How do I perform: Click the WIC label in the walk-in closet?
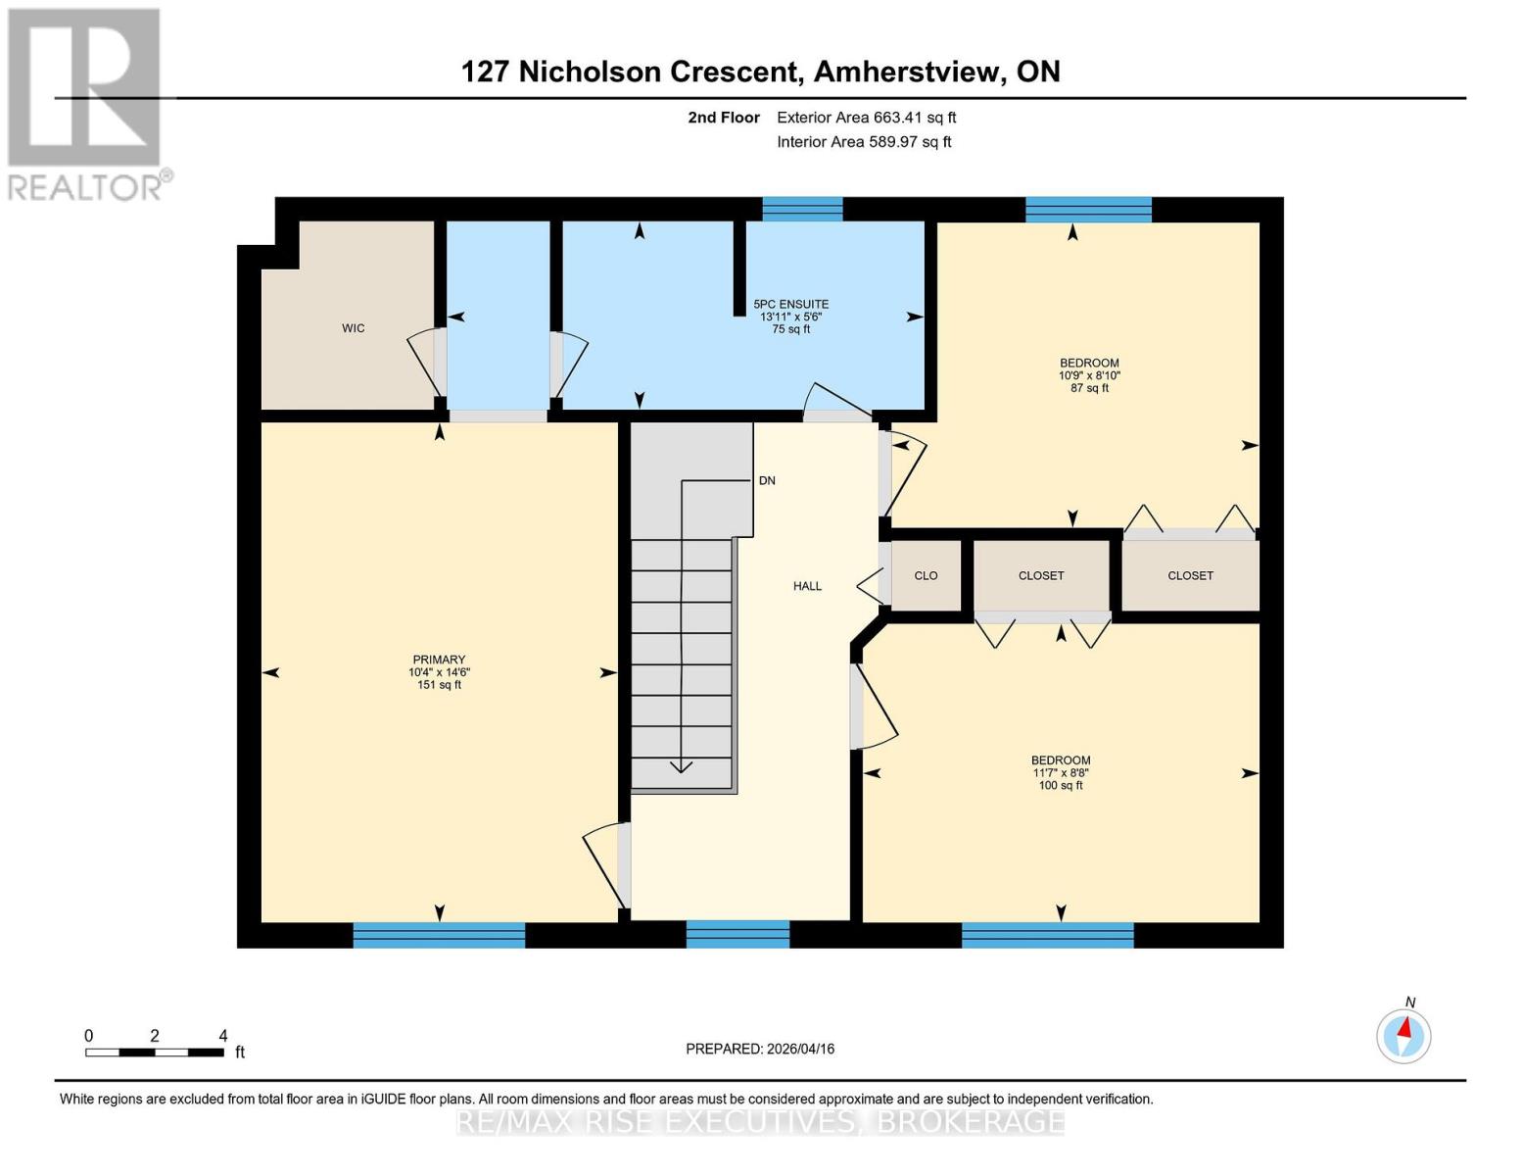pos(353,328)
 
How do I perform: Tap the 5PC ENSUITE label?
pos(790,305)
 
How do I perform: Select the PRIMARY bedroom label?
pos(439,660)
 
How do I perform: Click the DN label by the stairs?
pos(767,481)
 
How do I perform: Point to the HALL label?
pos(807,586)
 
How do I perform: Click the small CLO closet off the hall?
pos(926,576)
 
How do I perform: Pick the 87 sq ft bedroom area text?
pos(1089,388)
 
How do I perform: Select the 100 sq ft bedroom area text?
pos(1061,785)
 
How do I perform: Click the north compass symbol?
pos(1403,1035)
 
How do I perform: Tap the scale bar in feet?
pos(155,1053)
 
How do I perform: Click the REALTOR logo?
pos(85,103)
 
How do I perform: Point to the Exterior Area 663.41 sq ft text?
pos(866,118)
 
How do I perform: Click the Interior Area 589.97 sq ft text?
pos(864,142)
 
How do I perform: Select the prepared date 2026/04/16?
pos(760,1049)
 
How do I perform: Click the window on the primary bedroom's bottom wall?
pos(439,935)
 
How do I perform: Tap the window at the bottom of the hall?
pos(737,934)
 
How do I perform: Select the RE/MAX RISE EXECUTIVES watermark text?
pos(760,1121)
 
